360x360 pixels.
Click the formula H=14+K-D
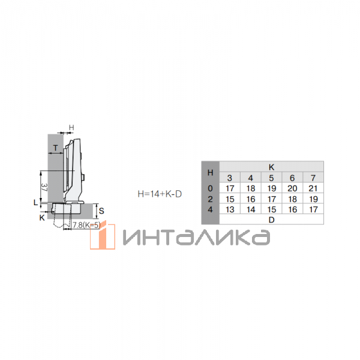click(160, 194)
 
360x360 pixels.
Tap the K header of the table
click(271, 167)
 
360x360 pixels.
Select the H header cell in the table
click(211, 172)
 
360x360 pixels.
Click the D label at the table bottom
click(271, 220)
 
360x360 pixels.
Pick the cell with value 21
click(313, 188)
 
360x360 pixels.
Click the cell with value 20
click(292, 188)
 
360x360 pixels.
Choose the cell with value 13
click(230, 209)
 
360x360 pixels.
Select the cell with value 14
click(251, 209)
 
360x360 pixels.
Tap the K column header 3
click(230, 178)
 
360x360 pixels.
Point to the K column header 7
click(313, 178)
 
